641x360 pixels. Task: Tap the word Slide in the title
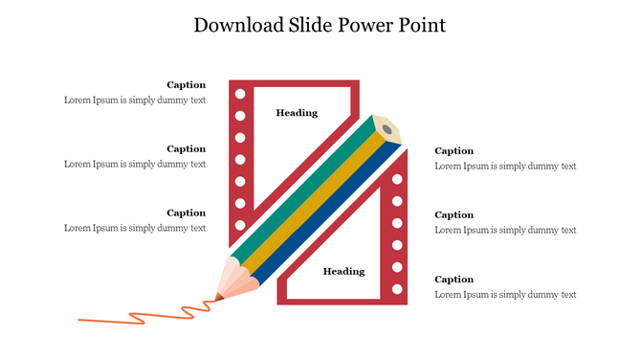coord(309,26)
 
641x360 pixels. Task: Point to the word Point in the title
coord(422,26)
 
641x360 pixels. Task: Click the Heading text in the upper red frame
coord(297,113)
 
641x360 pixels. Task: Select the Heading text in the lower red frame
coord(343,271)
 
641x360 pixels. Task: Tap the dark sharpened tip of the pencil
coord(219,297)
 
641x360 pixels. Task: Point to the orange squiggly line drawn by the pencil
coord(144,314)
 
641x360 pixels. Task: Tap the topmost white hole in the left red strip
coord(240,94)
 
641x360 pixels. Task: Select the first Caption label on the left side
coord(186,84)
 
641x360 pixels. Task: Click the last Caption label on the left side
coord(186,213)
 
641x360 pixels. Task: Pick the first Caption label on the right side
coord(453,150)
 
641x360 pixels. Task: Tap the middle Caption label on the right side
coord(453,214)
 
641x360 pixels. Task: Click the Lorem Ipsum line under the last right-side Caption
coord(505,294)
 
